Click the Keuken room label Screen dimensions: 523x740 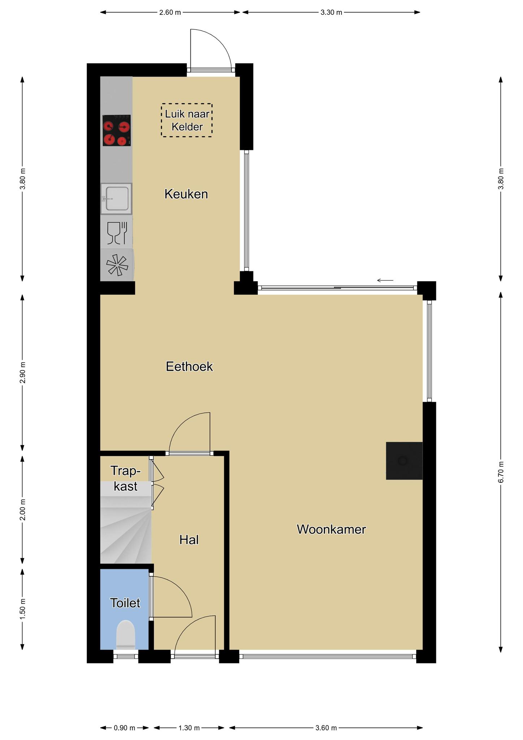[x=186, y=194]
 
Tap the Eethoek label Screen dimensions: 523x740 [x=189, y=367]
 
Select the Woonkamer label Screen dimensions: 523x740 [x=331, y=529]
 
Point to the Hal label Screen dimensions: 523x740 [x=189, y=540]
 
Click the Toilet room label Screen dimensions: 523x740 [x=125, y=603]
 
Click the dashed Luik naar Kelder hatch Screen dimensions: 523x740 [x=186, y=120]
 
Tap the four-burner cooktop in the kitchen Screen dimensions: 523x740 [x=116, y=130]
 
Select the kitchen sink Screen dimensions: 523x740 [x=116, y=199]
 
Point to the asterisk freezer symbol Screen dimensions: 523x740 [x=117, y=266]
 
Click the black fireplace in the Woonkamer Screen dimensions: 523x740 [x=404, y=461]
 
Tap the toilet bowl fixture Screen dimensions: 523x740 [x=125, y=634]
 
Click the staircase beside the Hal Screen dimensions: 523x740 [x=126, y=522]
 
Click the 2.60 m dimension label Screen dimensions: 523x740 [x=170, y=12]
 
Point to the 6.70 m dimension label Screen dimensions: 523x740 [x=501, y=472]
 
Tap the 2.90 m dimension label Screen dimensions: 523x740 [x=22, y=373]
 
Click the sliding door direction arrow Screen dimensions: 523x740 [x=385, y=280]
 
